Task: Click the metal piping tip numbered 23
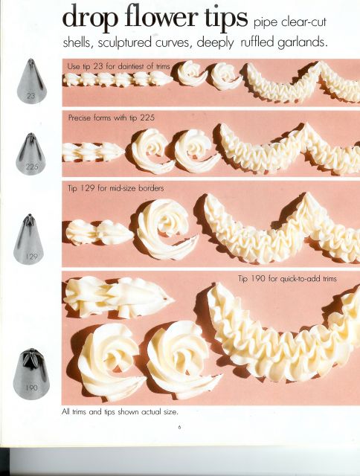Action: coord(31,81)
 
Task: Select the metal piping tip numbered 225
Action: coord(30,154)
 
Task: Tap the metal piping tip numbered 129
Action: coord(29,239)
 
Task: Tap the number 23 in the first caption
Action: coord(97,66)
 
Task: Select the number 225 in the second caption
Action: coord(147,118)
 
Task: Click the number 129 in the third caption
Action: coord(88,188)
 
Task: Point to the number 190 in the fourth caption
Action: coord(258,278)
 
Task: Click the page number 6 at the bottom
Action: coord(179,427)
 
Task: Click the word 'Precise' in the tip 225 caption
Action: coord(80,118)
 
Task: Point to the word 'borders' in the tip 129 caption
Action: coord(151,188)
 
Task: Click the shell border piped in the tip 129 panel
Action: coord(100,232)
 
